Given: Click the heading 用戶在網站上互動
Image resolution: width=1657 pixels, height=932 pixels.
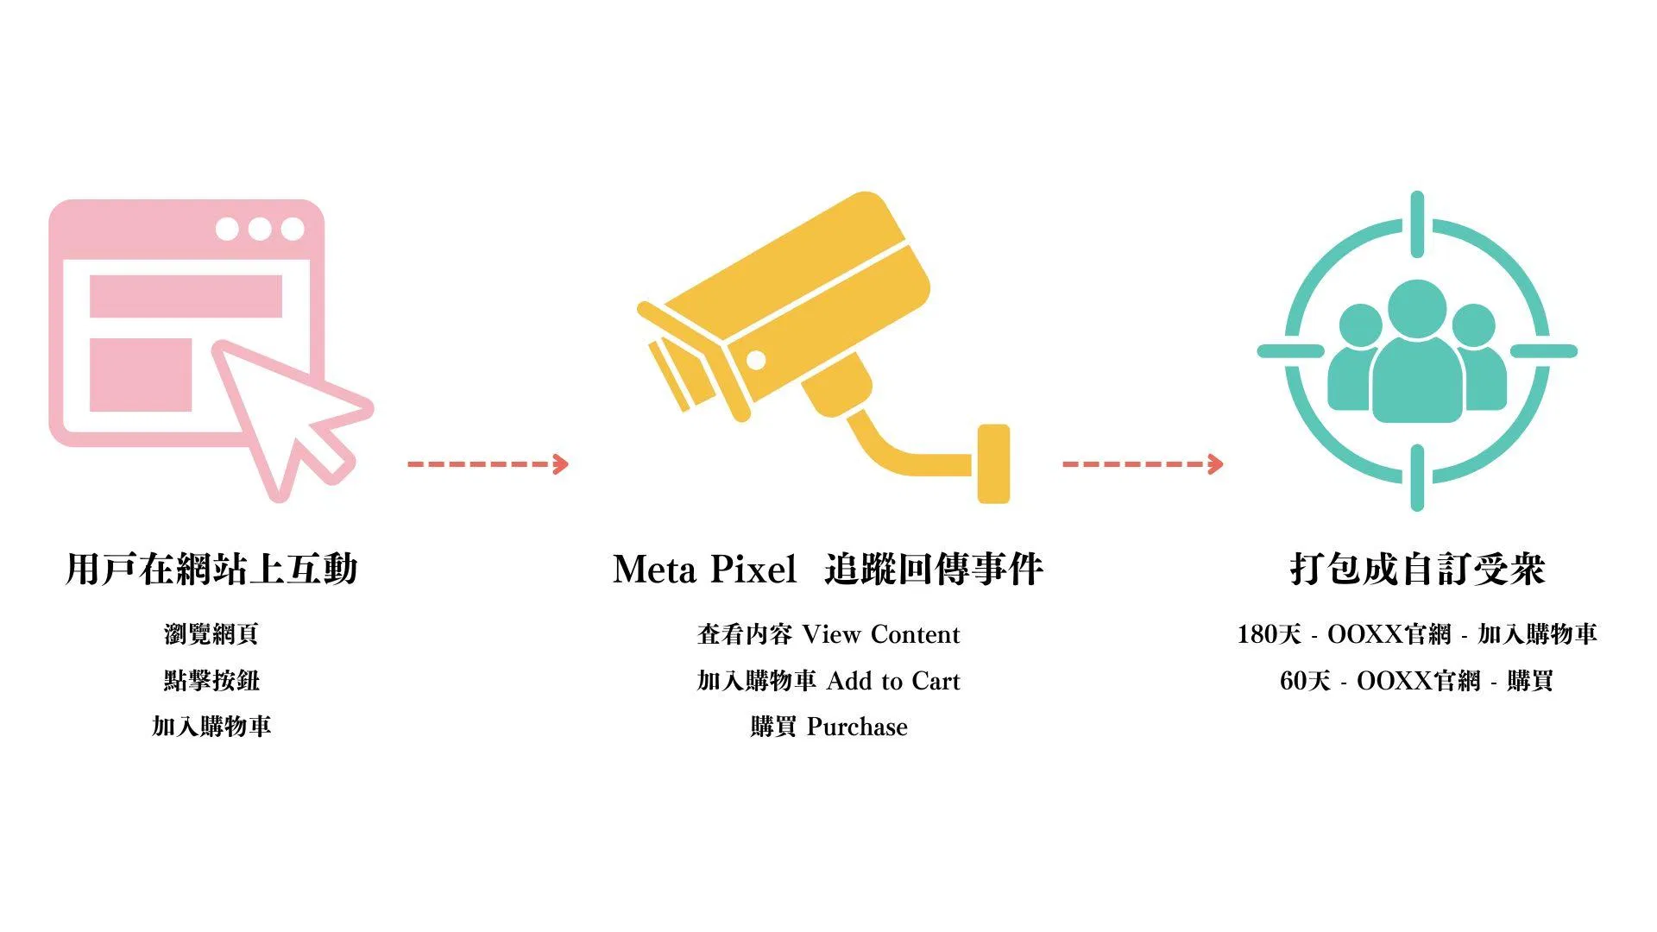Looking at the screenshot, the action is [211, 570].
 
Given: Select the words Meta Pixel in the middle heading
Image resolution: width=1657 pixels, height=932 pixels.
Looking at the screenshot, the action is [704, 570].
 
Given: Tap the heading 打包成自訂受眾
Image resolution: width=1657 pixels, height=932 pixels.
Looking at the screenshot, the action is [1417, 570].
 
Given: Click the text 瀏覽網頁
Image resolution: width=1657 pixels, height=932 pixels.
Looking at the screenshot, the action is [211, 634].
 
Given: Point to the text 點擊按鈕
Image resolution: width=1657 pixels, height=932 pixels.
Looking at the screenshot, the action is [211, 680].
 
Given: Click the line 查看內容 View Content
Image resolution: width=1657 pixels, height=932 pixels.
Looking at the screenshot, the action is [828, 634].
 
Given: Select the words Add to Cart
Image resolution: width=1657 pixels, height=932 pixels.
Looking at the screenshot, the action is [893, 681].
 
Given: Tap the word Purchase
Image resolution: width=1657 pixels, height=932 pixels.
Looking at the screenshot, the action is [857, 727].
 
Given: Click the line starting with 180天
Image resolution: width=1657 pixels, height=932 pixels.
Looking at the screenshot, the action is [1417, 634].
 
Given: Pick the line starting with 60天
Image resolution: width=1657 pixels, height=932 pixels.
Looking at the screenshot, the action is [1417, 681].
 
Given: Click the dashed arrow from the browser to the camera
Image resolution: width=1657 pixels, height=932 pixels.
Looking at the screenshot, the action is [488, 464].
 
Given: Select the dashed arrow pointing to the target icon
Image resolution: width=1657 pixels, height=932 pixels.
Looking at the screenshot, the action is [1143, 464].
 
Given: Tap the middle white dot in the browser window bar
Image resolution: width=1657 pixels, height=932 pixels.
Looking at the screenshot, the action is [260, 229].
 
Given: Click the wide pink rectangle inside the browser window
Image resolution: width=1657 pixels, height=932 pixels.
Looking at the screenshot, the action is [186, 296].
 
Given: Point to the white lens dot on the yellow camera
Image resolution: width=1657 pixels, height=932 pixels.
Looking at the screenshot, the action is [756, 360].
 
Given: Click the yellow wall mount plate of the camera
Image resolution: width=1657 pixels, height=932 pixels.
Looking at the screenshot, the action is [993, 463].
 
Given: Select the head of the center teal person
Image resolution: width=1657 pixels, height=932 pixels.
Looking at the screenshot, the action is [1417, 308].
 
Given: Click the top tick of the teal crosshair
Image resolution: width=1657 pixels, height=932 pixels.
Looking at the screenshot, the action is [1417, 224].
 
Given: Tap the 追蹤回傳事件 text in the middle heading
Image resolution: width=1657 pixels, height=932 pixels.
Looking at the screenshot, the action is [934, 570].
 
